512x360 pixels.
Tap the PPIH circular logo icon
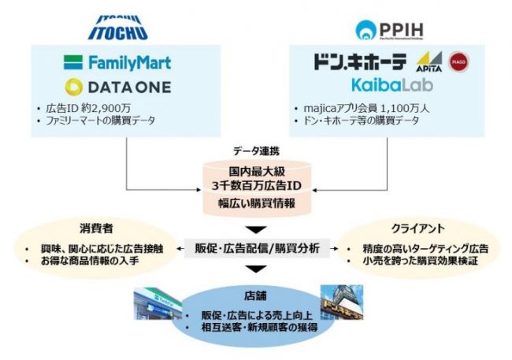pyautogui.click(x=367, y=31)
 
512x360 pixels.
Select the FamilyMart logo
pyautogui.click(x=119, y=61)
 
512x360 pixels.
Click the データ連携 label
pyautogui.click(x=254, y=150)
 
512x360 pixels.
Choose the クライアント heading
pyautogui.click(x=423, y=229)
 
